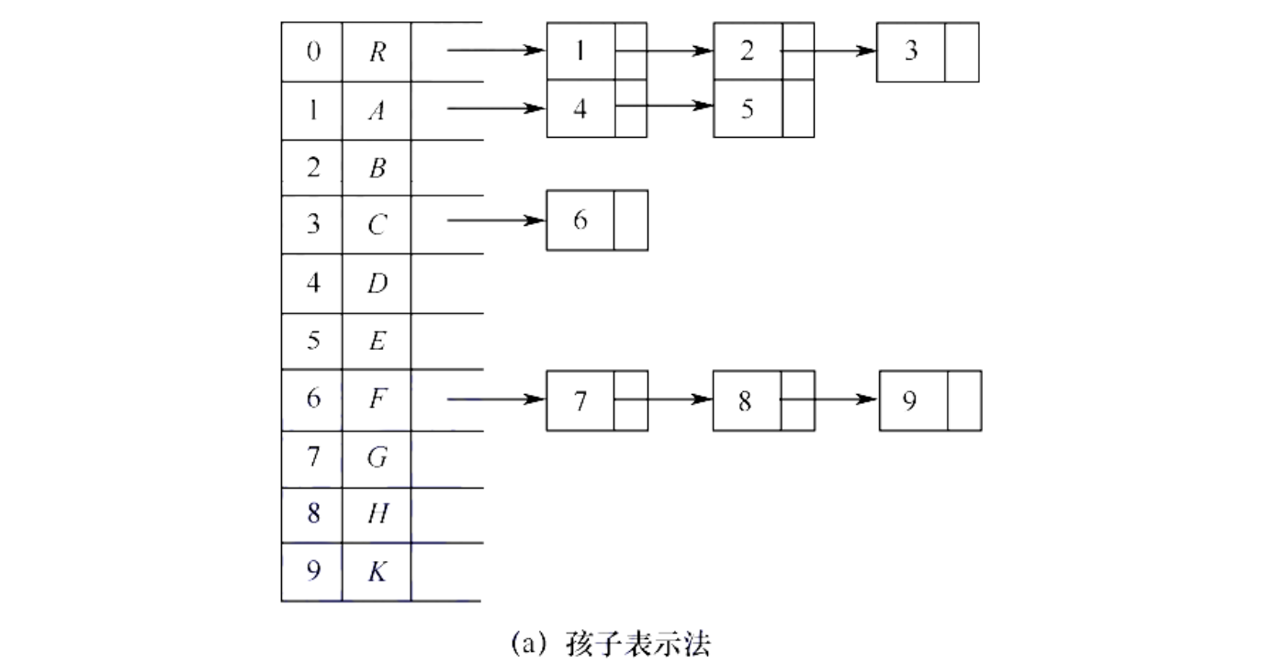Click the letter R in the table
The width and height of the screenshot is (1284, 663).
click(x=377, y=51)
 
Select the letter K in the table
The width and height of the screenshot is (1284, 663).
click(x=377, y=571)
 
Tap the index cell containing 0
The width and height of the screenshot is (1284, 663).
click(x=312, y=51)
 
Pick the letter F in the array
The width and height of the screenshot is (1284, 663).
click(x=377, y=399)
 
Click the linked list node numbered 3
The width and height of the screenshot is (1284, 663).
click(x=928, y=51)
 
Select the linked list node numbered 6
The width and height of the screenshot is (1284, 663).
click(x=597, y=220)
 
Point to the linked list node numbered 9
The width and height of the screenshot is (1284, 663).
click(x=929, y=400)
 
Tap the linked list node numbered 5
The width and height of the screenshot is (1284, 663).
click(x=763, y=108)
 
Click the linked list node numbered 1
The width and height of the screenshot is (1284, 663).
click(x=597, y=51)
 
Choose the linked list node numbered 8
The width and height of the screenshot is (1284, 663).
click(x=763, y=400)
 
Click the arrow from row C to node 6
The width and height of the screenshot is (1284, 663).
click(x=496, y=220)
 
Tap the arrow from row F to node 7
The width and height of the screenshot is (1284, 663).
click(x=496, y=400)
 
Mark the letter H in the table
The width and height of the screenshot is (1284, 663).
click(x=377, y=513)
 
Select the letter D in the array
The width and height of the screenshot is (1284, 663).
click(x=377, y=283)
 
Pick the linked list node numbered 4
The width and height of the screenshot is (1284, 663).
click(x=597, y=108)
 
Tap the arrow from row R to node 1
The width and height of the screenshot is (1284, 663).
click(x=496, y=51)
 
